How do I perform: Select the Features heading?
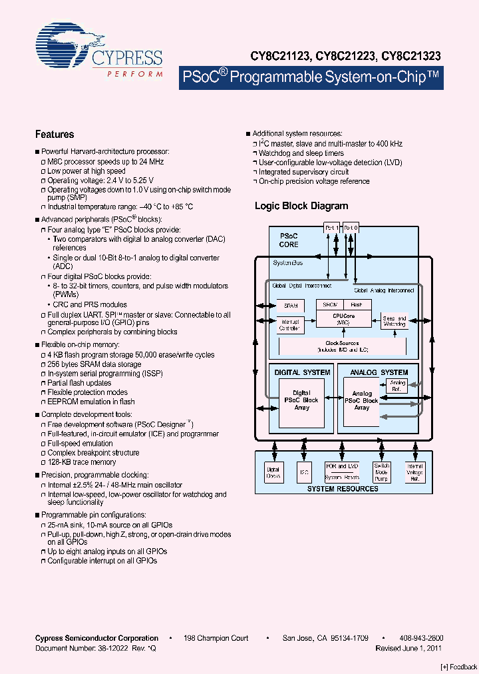click(55, 135)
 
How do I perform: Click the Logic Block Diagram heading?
click(301, 206)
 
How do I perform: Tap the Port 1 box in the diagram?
click(331, 228)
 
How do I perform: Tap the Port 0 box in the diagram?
click(351, 228)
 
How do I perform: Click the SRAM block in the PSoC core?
click(290, 306)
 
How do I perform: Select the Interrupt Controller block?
click(290, 326)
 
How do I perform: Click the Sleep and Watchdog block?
click(394, 322)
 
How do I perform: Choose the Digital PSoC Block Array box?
click(301, 400)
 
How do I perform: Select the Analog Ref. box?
click(397, 386)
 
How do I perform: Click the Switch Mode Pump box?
click(382, 472)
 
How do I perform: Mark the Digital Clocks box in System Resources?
click(273, 472)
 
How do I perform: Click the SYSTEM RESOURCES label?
click(343, 489)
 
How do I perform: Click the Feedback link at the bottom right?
click(458, 667)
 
